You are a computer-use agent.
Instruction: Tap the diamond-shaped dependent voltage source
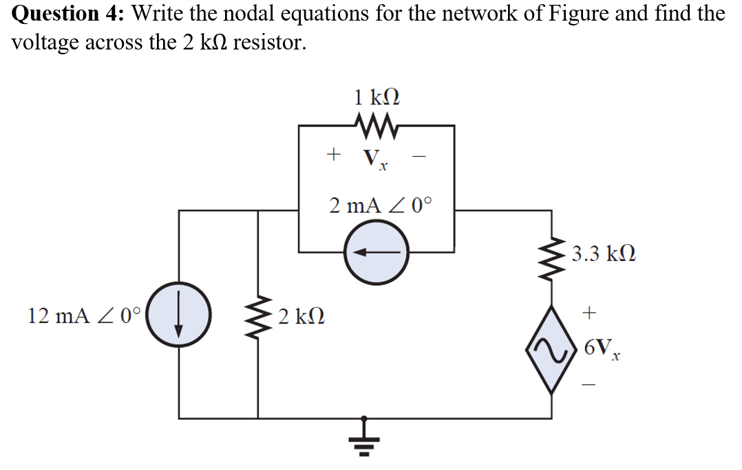[551, 350]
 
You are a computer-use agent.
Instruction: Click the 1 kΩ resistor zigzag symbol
[376, 126]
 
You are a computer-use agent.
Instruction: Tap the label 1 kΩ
[376, 96]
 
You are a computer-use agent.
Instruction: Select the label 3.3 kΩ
[604, 255]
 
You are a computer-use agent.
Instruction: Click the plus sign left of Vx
[334, 155]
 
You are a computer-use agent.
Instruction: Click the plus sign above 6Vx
[589, 314]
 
